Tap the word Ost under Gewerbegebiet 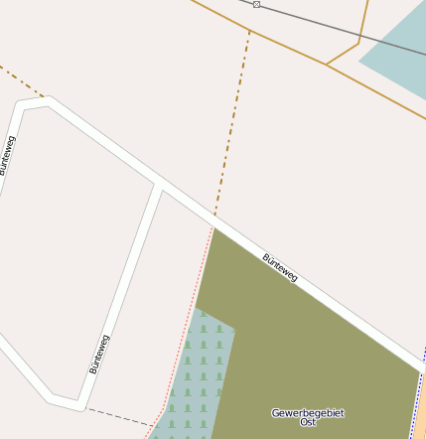pyautogui.click(x=308, y=423)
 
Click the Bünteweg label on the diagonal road pyautogui.click(x=280, y=267)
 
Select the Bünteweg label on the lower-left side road pyautogui.click(x=99, y=354)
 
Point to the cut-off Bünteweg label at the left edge pyautogui.click(x=6, y=155)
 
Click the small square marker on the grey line pyautogui.click(x=256, y=5)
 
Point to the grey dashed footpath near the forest pyautogui.click(x=119, y=416)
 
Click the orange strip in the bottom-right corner pyautogui.click(x=420, y=417)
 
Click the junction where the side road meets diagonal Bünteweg pyautogui.click(x=159, y=186)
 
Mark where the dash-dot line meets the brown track pyautogui.click(x=249, y=31)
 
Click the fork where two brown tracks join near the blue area pyautogui.click(x=326, y=65)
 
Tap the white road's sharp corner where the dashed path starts pyautogui.click(x=79, y=405)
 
